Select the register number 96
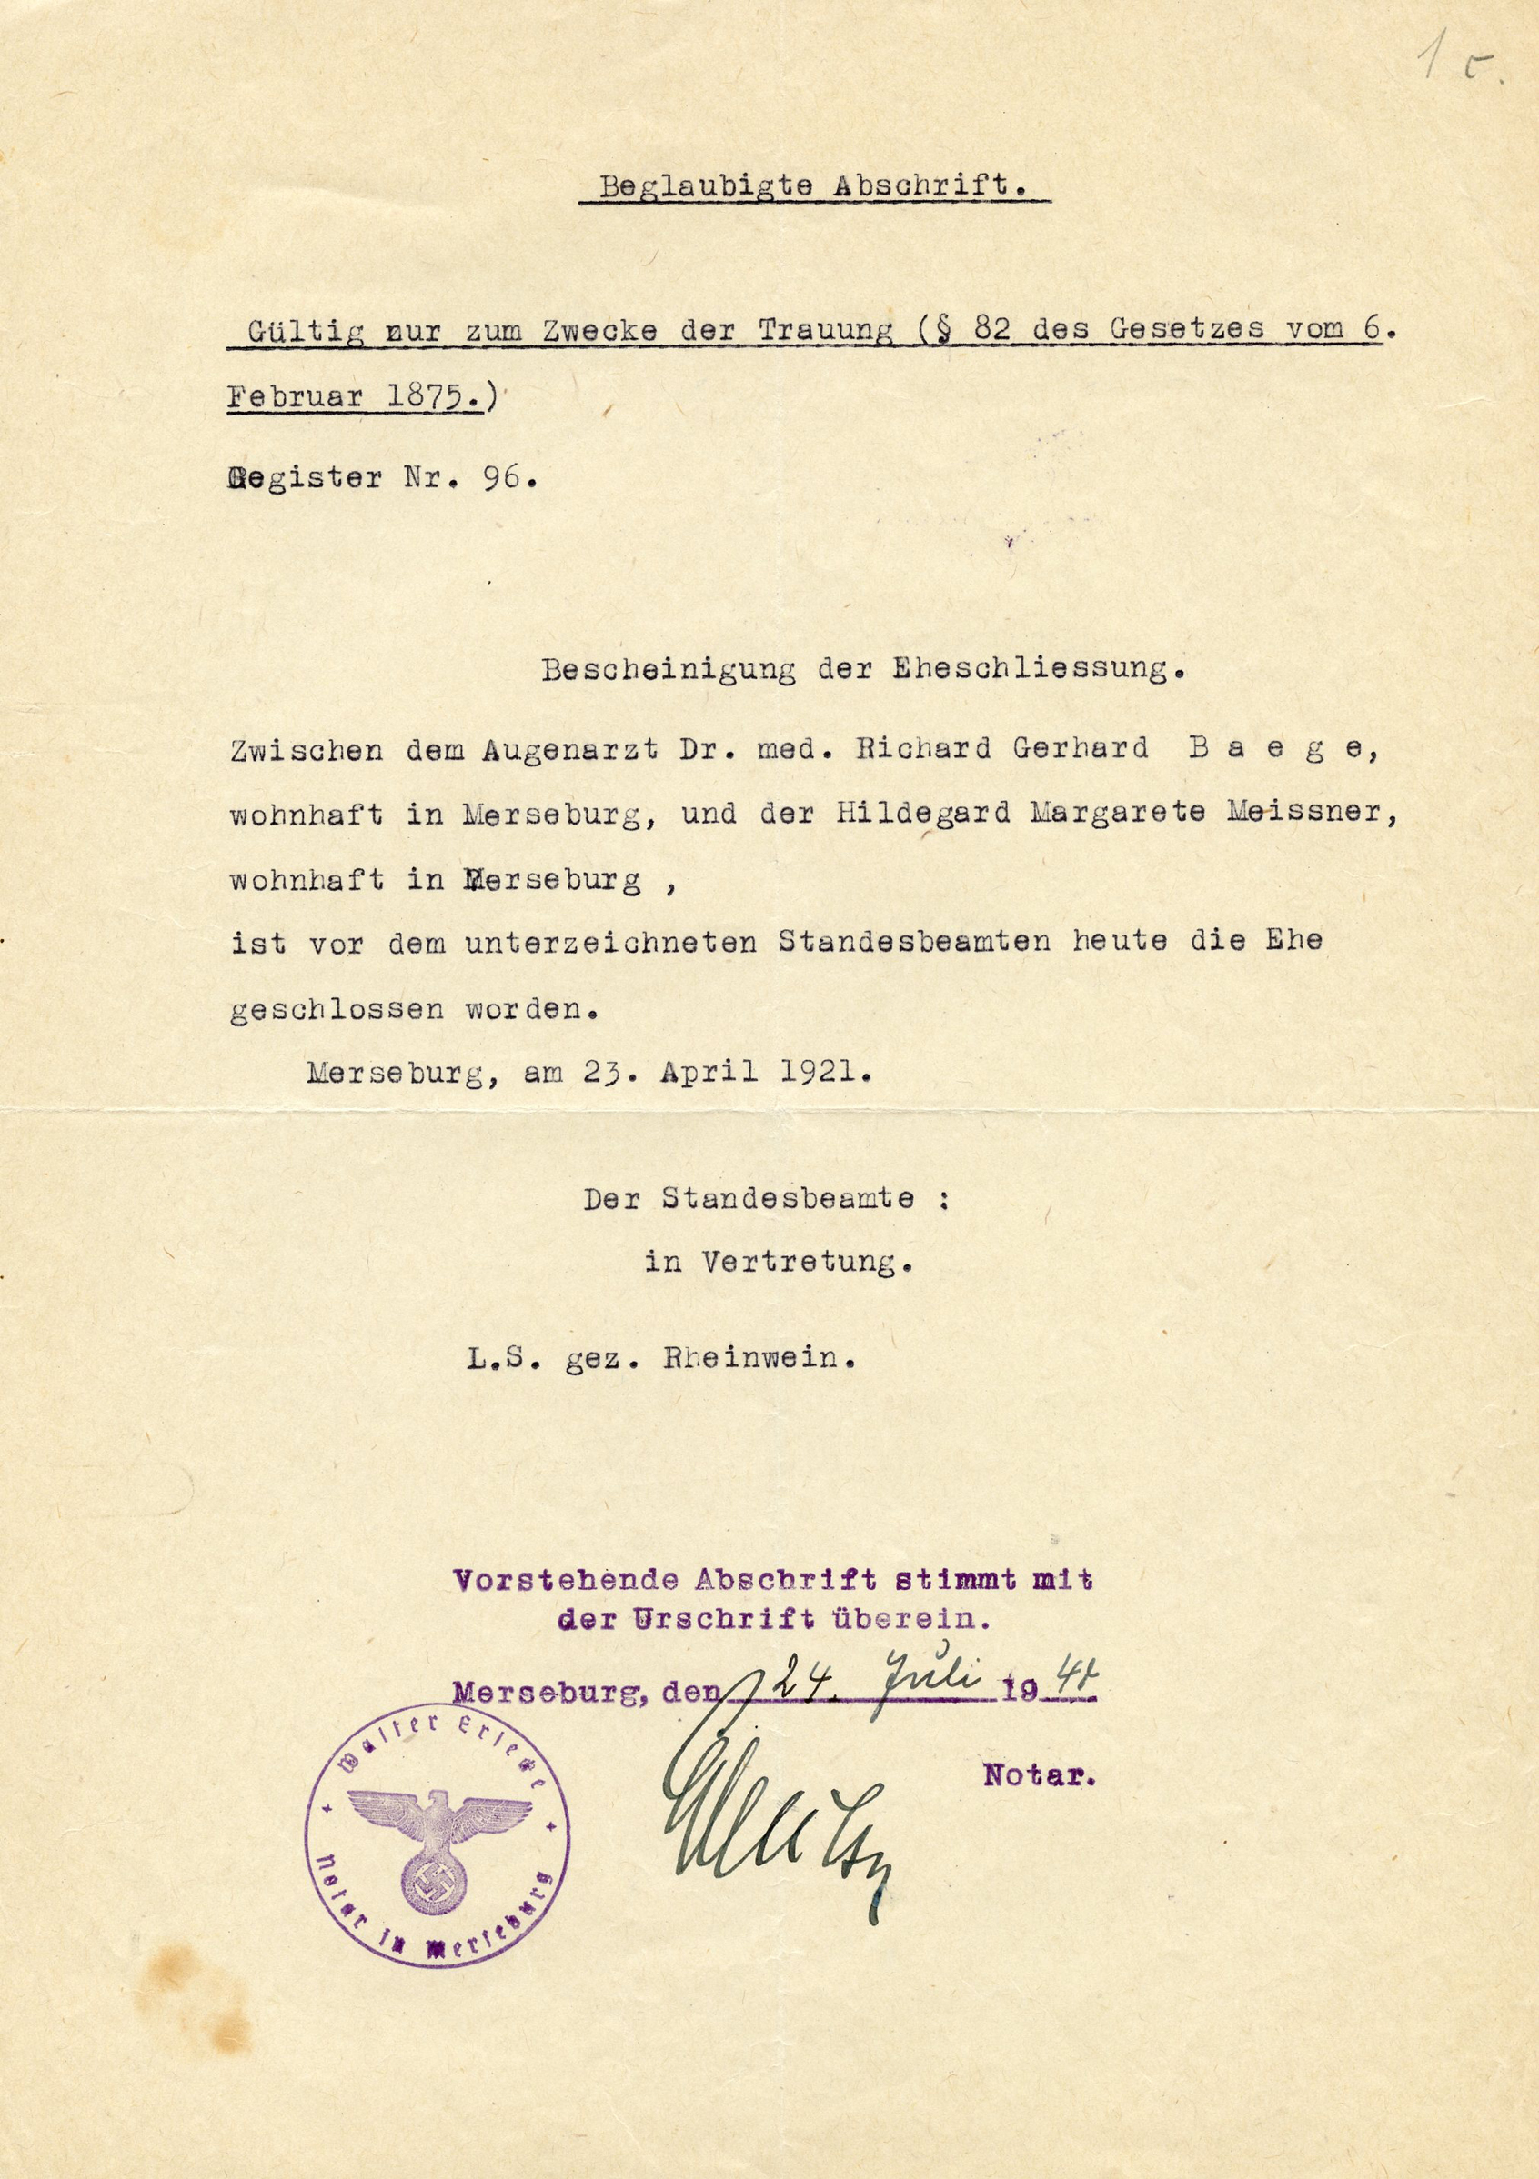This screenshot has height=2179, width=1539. click(x=501, y=477)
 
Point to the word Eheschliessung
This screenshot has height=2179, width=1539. click(x=1038, y=670)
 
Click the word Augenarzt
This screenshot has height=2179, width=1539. click(x=569, y=749)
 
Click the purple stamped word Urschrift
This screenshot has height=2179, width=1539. click(x=723, y=1619)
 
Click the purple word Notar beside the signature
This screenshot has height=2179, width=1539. click(x=1039, y=1774)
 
